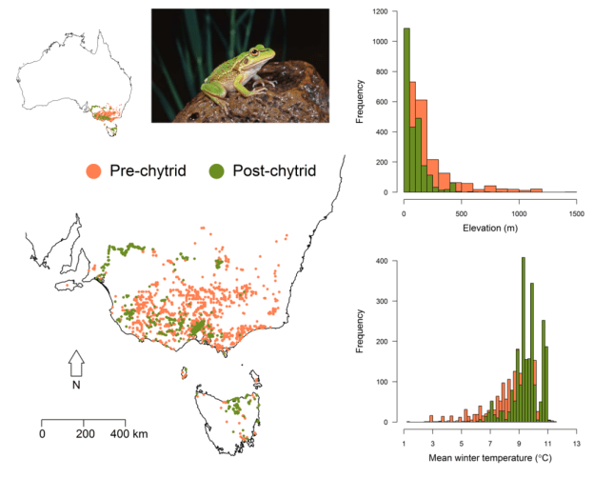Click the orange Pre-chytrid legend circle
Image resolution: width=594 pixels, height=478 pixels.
(x=93, y=171)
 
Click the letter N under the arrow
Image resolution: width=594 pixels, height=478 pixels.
(x=77, y=386)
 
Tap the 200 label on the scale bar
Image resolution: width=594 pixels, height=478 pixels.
(x=84, y=433)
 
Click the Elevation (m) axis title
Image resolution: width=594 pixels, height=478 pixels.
(x=489, y=229)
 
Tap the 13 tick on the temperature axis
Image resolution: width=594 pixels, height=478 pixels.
(x=575, y=435)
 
